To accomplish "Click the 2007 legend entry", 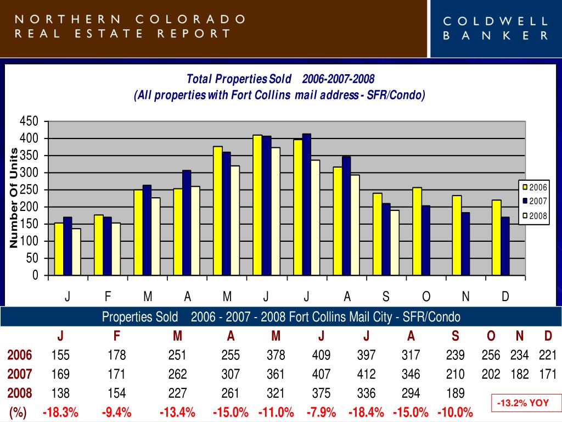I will click(x=535, y=201).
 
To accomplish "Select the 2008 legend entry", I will click(x=535, y=216).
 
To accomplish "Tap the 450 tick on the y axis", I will click(x=30, y=121).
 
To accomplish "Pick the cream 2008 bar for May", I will click(x=235, y=220).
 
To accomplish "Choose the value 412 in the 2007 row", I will click(x=366, y=375).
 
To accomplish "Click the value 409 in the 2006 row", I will click(x=321, y=356).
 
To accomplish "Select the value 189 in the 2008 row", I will click(x=455, y=393).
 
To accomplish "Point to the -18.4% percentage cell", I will click(x=366, y=412).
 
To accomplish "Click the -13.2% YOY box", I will click(x=523, y=403).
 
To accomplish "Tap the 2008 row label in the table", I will click(x=20, y=393).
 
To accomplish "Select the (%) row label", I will click(x=18, y=412).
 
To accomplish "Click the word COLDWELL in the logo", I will click(x=496, y=21).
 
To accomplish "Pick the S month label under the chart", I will click(x=386, y=297).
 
